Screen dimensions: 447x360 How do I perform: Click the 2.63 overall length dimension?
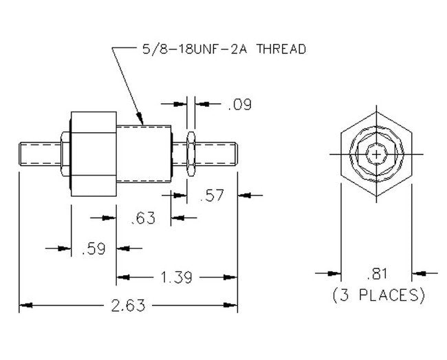(128, 306)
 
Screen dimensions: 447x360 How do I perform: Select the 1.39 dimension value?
(177, 277)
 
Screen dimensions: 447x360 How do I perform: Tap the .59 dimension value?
(94, 248)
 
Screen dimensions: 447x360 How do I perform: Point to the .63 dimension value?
(143, 218)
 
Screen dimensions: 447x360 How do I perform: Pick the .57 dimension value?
(212, 195)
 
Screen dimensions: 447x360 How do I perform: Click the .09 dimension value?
(239, 104)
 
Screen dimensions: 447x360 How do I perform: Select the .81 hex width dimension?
(377, 274)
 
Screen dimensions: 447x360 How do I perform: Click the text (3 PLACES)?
(378, 295)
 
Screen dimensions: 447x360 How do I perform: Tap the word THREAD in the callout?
(281, 49)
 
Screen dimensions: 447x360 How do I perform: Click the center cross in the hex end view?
(377, 154)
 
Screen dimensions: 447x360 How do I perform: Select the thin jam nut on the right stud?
(190, 153)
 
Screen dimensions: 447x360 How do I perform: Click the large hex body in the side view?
(94, 153)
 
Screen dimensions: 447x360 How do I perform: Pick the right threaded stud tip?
(236, 154)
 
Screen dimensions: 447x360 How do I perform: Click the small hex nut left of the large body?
(66, 153)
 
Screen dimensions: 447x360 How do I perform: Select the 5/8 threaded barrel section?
(144, 154)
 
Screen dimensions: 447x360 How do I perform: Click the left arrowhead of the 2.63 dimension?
(25, 305)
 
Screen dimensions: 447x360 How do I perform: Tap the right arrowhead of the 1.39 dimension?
(230, 277)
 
